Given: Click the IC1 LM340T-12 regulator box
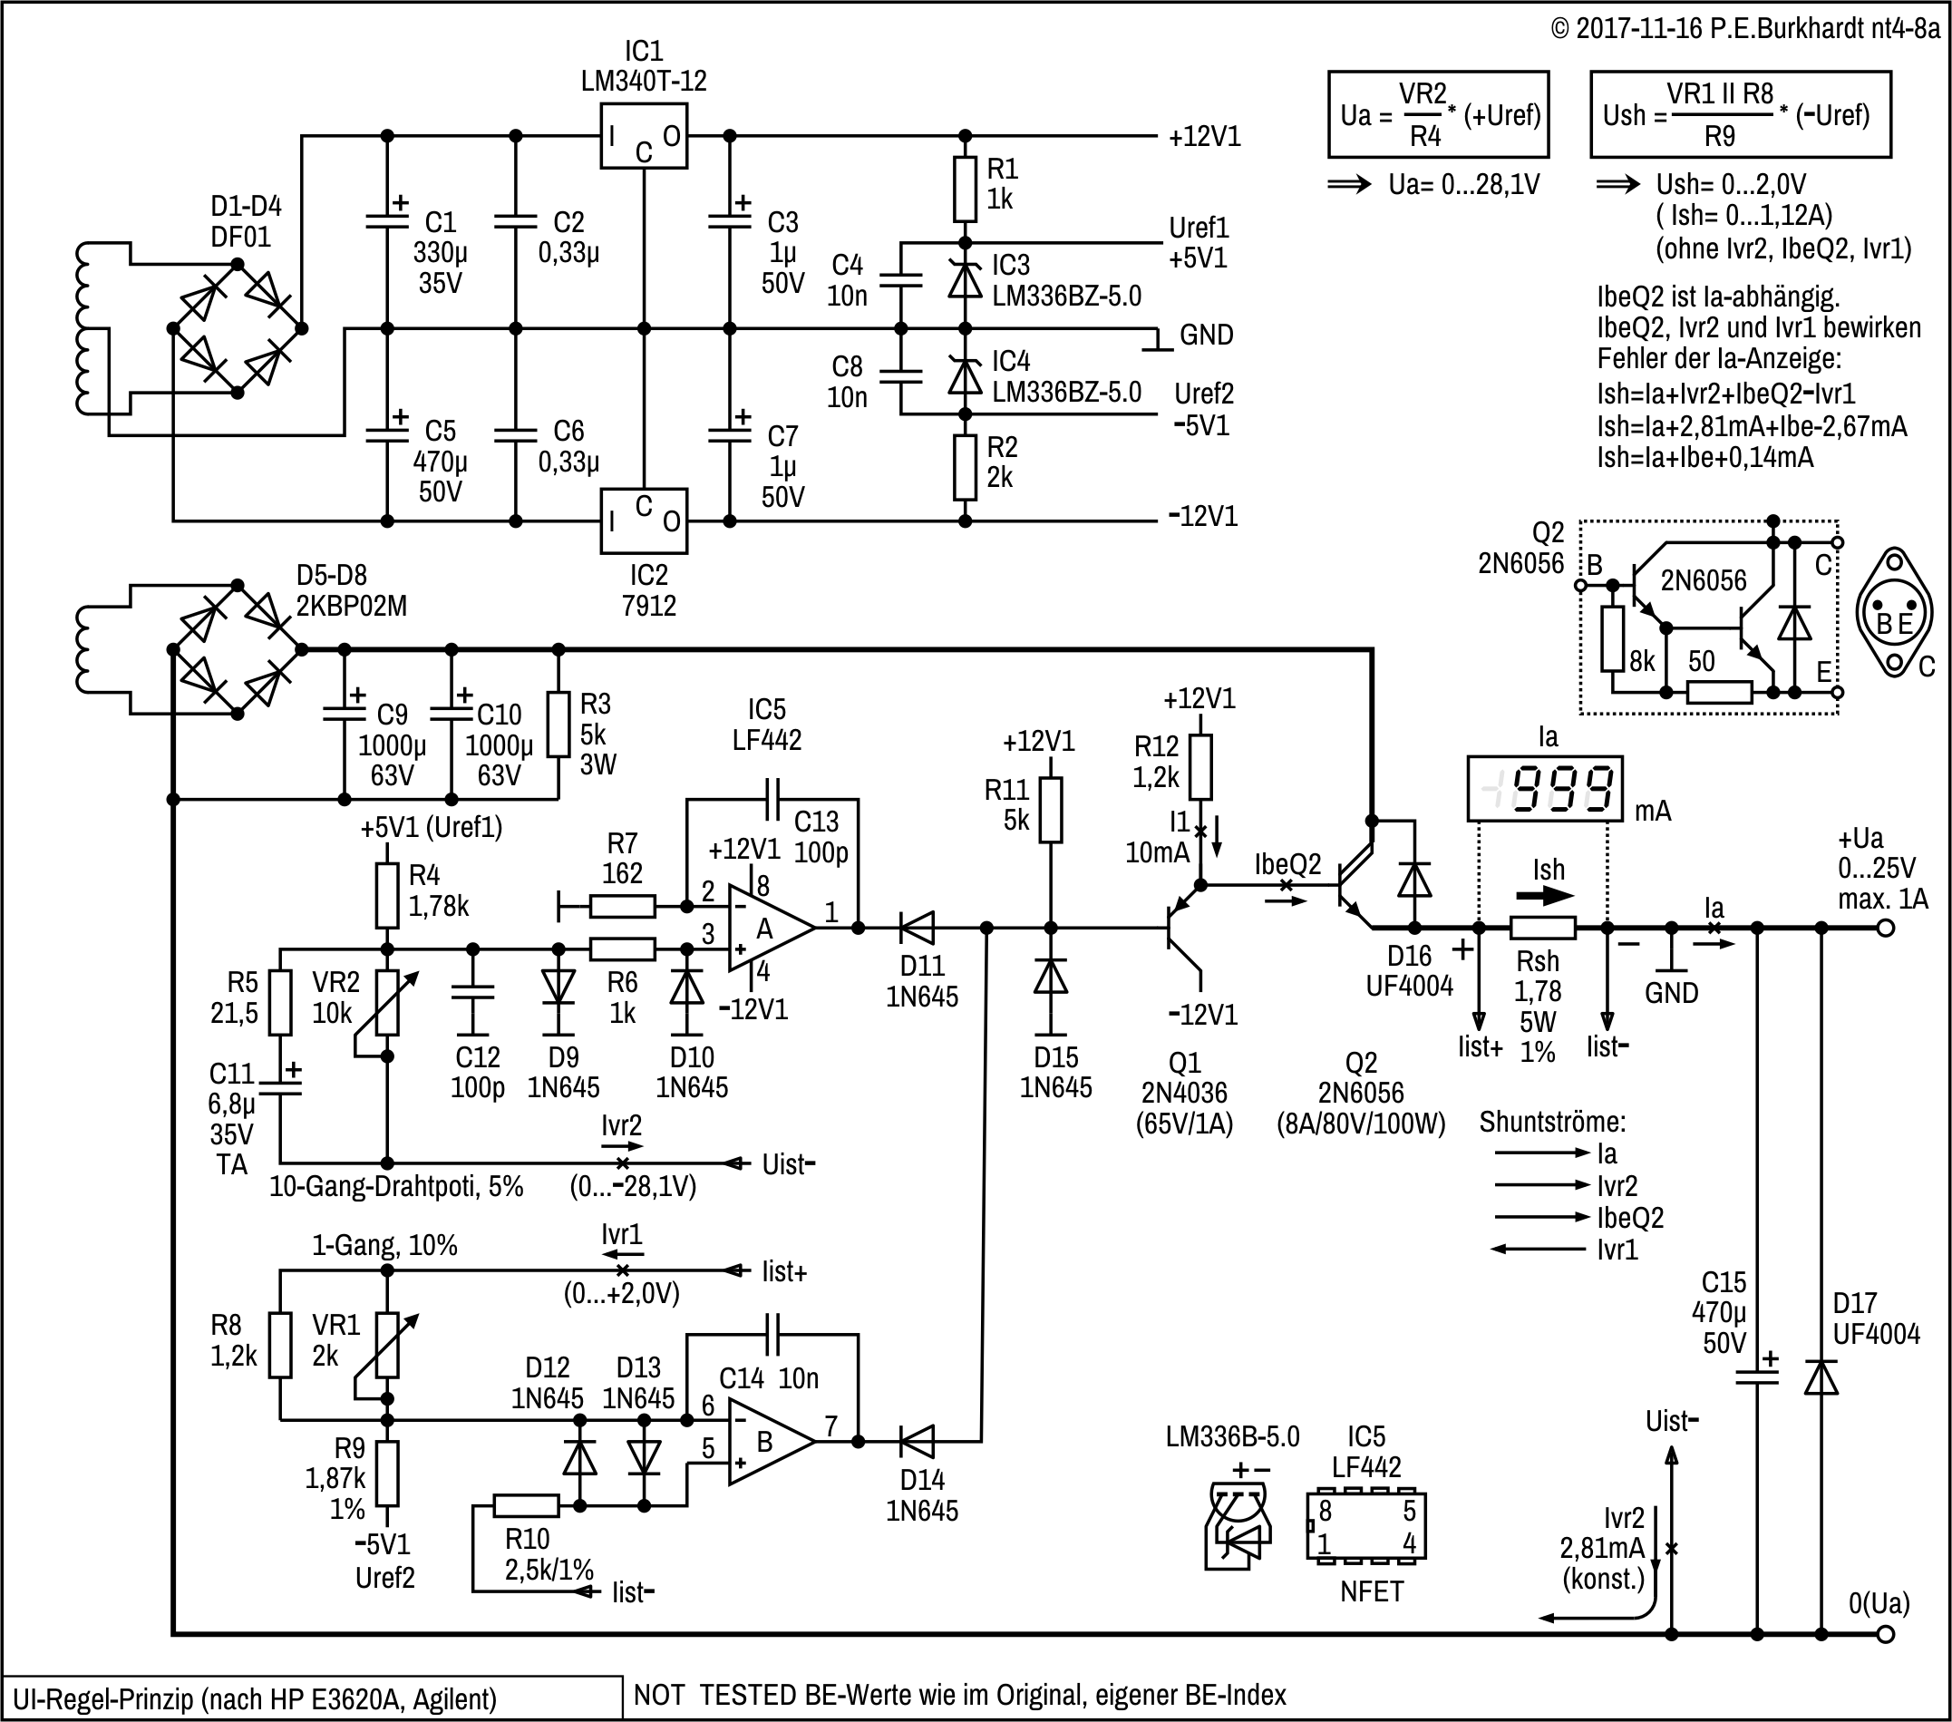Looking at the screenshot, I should coord(643,137).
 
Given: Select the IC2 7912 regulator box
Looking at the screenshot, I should coord(643,520).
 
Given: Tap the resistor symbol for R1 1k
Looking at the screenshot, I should coord(965,190).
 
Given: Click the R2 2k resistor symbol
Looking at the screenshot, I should coord(965,468).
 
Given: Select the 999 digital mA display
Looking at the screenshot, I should coord(1544,789).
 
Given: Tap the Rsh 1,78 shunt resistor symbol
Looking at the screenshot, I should coord(1542,928).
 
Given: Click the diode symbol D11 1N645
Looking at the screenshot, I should coord(918,928).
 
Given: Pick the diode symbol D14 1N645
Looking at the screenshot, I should coord(918,1442).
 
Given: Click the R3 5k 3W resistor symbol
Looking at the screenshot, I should coord(558,725).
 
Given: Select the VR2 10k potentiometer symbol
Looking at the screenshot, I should coord(387,1003).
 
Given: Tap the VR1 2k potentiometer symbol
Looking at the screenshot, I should coord(387,1345).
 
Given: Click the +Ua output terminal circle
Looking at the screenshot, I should coord(1885,928).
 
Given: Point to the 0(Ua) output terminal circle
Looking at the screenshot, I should coord(1885,1634).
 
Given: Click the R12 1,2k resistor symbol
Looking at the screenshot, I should coord(1200,767).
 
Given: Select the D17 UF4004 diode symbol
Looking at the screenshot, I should coord(1821,1378).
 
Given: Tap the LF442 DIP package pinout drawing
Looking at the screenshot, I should coord(1365,1526).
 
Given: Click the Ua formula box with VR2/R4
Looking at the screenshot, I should coord(1438,114).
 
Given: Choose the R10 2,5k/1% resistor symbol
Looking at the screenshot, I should coord(526,1506).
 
